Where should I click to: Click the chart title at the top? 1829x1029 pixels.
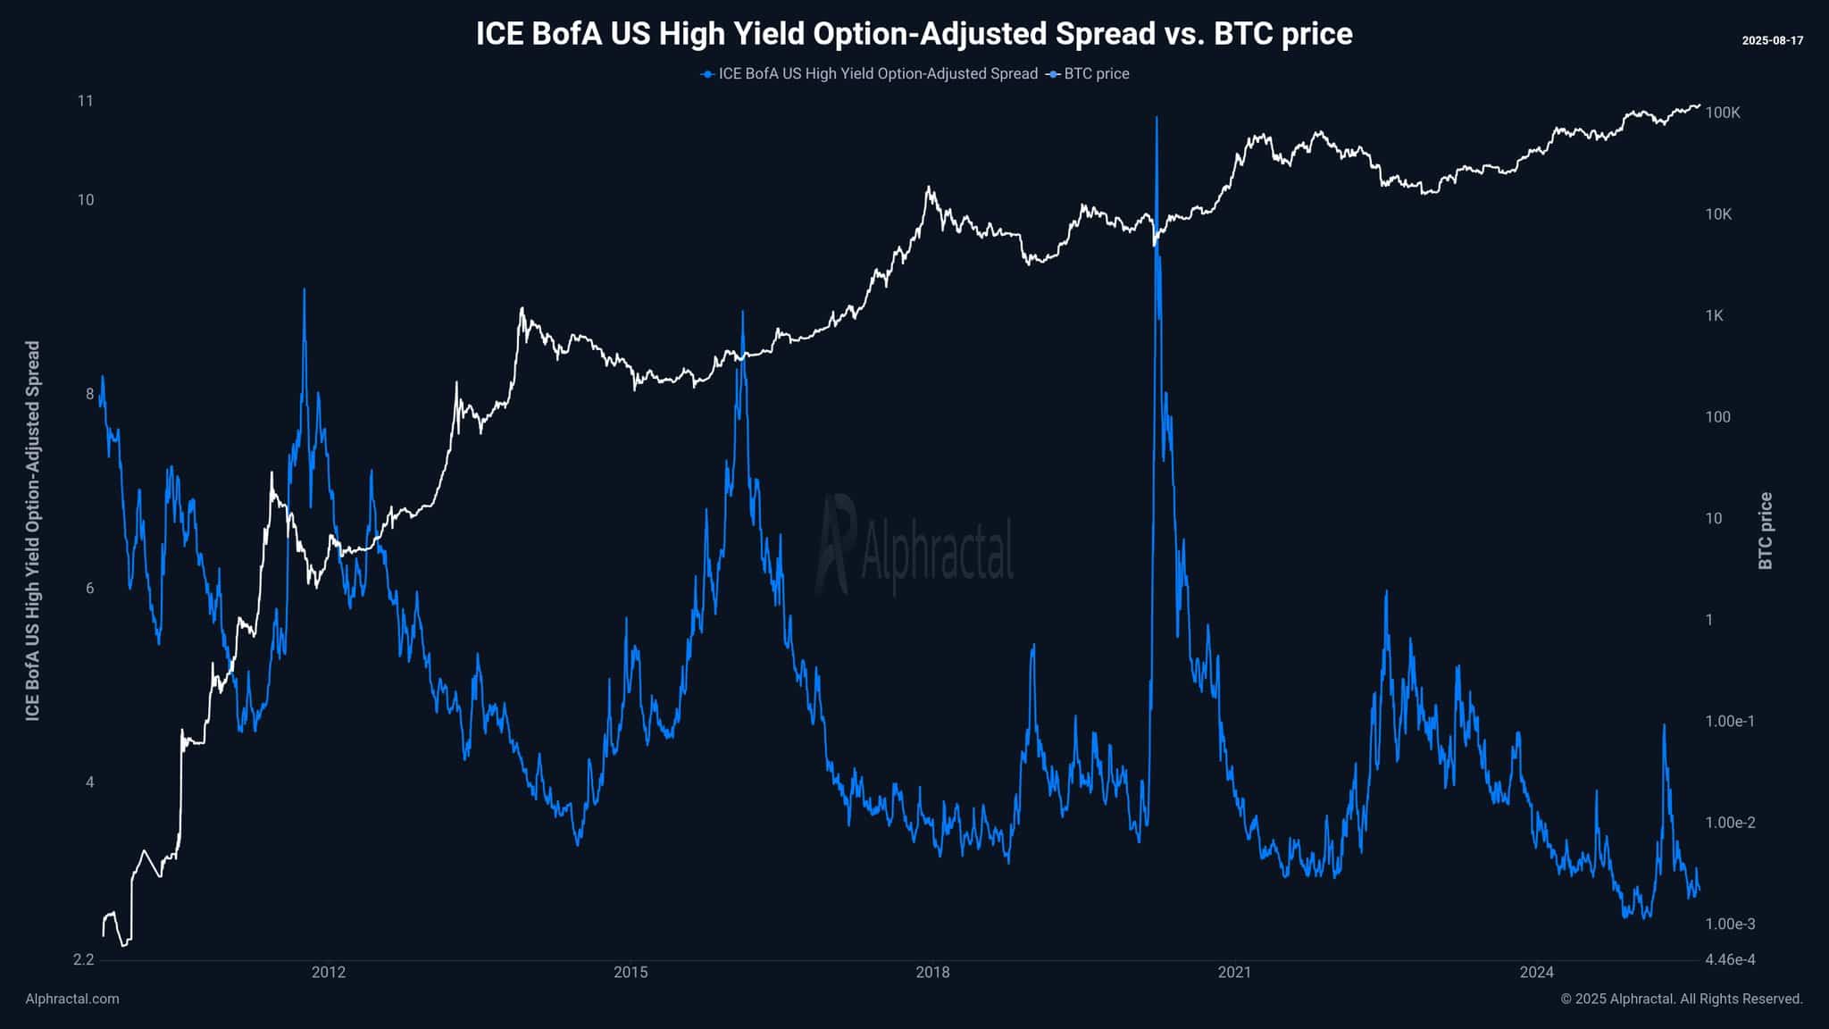[x=914, y=34]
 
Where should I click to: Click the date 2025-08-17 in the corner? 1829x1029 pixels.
[x=1772, y=41]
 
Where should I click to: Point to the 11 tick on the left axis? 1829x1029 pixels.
[x=85, y=101]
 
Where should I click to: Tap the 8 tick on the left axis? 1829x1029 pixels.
[x=89, y=394]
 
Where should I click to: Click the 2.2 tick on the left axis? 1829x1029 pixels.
[x=83, y=960]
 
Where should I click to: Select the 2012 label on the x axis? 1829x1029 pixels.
[x=329, y=973]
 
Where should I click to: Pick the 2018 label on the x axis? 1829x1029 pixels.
[x=932, y=973]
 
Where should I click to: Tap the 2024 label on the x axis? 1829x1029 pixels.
[x=1537, y=973]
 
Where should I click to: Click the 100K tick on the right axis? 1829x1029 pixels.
[x=1723, y=113]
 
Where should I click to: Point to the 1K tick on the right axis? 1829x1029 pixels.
[x=1714, y=315]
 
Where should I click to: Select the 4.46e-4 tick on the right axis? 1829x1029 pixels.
[x=1730, y=960]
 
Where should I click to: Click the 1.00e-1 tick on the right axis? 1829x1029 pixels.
[x=1730, y=721]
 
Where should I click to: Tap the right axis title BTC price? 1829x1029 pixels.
[x=1766, y=531]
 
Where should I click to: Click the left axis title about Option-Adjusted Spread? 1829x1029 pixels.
[x=33, y=531]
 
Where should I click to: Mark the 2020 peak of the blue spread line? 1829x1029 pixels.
[x=1157, y=118]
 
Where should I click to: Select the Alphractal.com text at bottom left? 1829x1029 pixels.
[x=72, y=999]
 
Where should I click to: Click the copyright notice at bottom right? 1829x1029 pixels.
[x=1682, y=999]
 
